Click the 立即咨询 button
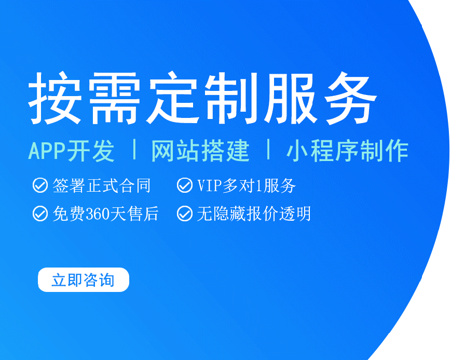84,279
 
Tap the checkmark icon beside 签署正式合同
40,185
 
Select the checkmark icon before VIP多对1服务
184,185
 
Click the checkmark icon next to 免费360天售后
40,214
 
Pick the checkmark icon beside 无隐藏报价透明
184,214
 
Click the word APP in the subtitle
47,151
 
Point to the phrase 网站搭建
200,151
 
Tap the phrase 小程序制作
347,151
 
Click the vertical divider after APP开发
134,149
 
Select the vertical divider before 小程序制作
269,149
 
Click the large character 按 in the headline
54,98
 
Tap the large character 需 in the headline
114,98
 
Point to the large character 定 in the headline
173,98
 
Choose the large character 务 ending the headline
350,98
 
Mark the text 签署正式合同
102,185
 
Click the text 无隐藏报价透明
254,214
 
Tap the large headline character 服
291,98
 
